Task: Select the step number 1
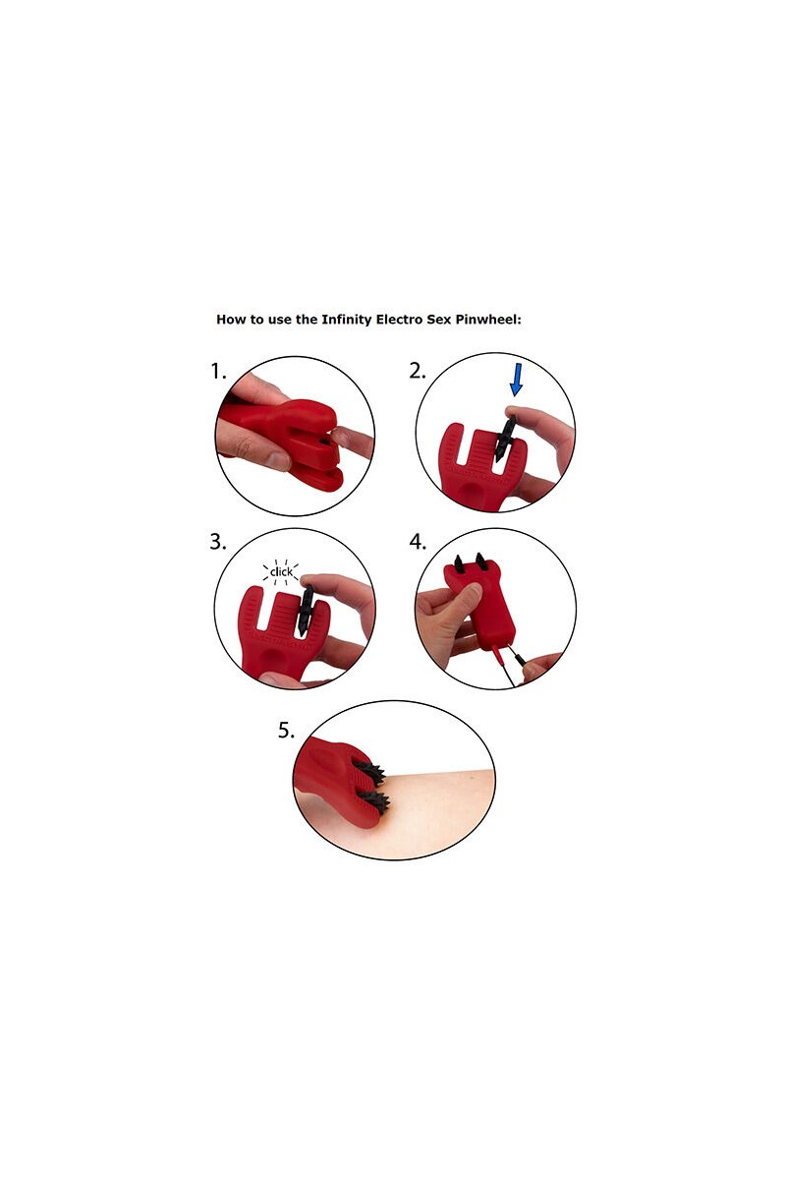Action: [x=218, y=372]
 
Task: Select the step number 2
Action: [x=418, y=372]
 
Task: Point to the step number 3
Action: [x=218, y=542]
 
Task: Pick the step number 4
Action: [x=418, y=542]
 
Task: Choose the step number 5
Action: [x=286, y=731]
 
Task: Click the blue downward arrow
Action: [x=517, y=380]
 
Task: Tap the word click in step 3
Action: [x=281, y=571]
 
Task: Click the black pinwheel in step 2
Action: [x=504, y=439]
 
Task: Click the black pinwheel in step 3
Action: [x=306, y=609]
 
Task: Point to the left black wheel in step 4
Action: [x=458, y=564]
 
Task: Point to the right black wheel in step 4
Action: [x=481, y=561]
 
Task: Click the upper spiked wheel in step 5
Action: [x=370, y=772]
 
